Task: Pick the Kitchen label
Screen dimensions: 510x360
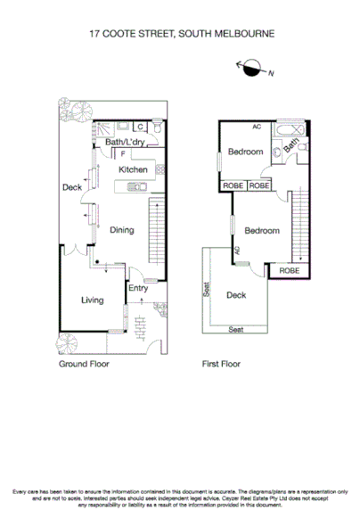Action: point(133,169)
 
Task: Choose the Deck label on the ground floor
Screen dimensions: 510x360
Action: point(72,187)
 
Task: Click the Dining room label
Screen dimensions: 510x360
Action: point(122,230)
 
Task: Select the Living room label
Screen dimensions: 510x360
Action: point(93,300)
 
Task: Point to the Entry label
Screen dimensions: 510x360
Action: point(138,288)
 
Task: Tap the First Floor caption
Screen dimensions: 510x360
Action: point(223,364)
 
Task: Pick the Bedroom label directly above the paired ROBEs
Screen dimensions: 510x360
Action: point(245,152)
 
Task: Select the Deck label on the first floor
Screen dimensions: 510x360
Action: point(236,295)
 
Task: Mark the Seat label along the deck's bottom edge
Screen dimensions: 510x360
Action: point(235,330)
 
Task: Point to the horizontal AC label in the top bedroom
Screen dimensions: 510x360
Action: point(257,127)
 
